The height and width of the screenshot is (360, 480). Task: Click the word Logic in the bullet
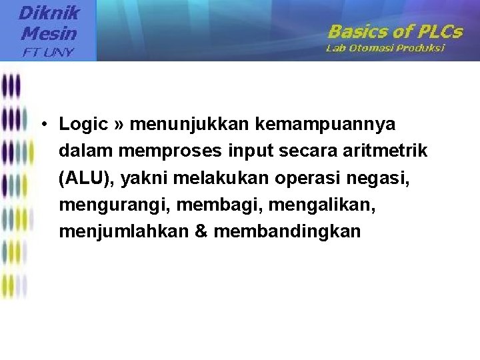(x=83, y=124)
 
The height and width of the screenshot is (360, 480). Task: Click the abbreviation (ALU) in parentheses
(x=83, y=178)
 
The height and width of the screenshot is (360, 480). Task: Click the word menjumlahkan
(x=119, y=231)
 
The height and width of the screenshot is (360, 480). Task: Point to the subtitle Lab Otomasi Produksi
(x=385, y=48)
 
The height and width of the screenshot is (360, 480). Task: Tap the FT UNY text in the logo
(x=48, y=51)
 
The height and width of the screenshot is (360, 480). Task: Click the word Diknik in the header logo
(x=49, y=13)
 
